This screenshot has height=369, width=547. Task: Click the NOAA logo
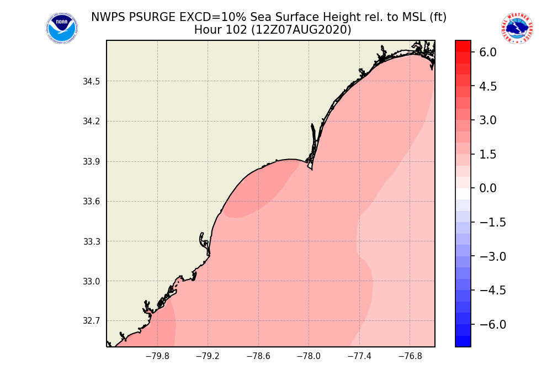[61, 28]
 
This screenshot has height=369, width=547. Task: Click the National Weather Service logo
[517, 28]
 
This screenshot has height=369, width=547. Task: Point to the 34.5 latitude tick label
[91, 82]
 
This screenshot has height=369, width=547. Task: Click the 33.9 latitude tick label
[91, 162]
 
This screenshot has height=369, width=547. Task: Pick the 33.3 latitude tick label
[91, 241]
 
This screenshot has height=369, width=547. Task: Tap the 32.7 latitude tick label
[91, 321]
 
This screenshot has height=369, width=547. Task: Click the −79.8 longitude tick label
[157, 356]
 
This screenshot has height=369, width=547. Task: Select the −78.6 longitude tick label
[258, 356]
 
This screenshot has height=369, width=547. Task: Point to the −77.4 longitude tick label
[359, 356]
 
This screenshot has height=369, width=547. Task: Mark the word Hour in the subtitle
[208, 30]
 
